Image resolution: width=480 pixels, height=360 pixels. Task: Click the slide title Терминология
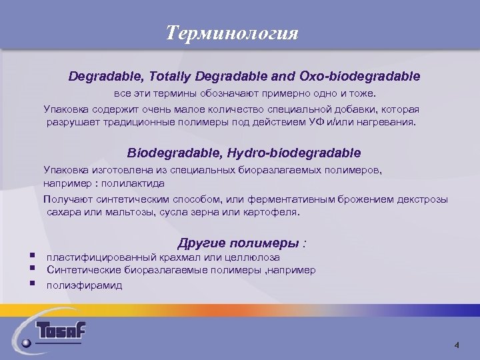[x=232, y=33]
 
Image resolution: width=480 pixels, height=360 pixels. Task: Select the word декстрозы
[x=424, y=199]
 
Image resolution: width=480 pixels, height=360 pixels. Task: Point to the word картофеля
[x=273, y=213]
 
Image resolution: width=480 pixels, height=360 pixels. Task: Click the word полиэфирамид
[x=84, y=285]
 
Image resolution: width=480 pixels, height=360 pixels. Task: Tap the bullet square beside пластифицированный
[x=32, y=256]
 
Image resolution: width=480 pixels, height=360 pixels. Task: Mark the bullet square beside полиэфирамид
[x=32, y=284]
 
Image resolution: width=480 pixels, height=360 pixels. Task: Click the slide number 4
[x=457, y=345]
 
